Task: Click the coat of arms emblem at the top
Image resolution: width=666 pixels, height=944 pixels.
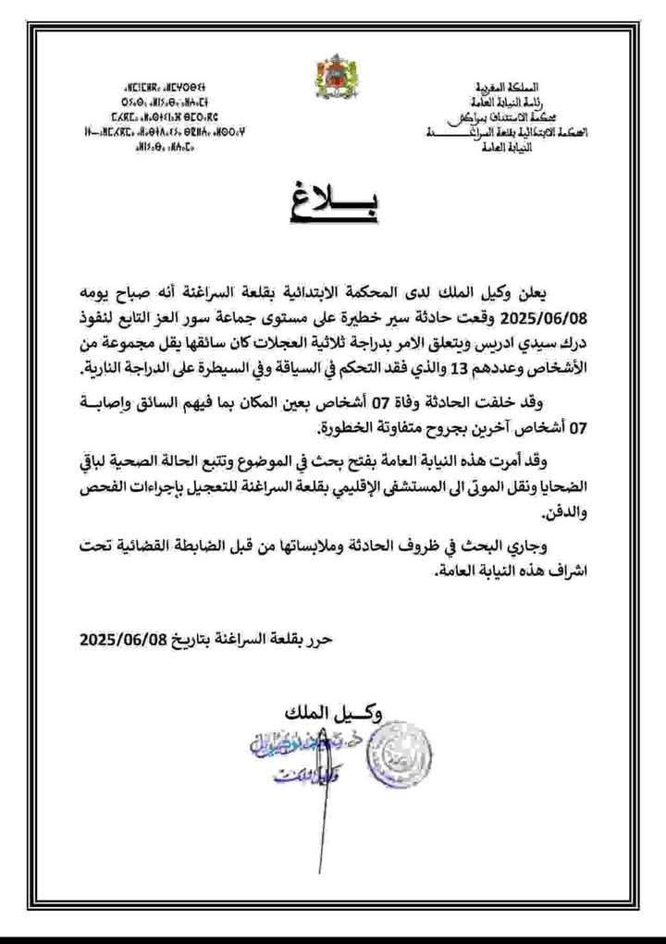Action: click(332, 72)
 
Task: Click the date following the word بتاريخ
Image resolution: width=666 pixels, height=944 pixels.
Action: click(125, 638)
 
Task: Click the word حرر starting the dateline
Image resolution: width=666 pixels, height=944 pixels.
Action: click(317, 638)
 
